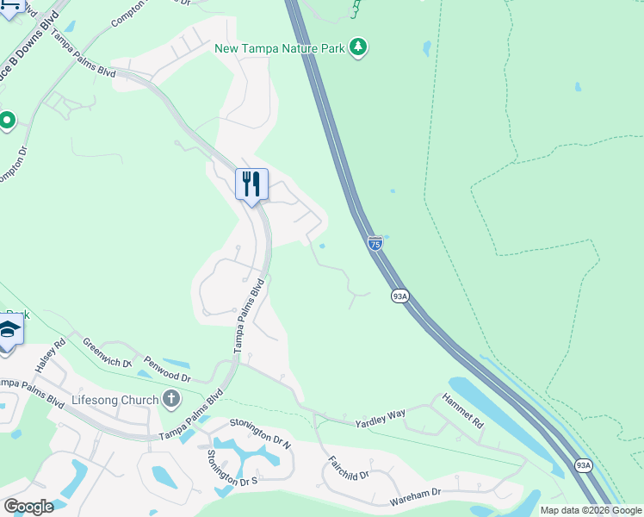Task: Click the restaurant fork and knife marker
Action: click(x=251, y=184)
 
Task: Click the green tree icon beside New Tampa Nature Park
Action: click(x=358, y=47)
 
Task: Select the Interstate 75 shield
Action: click(x=375, y=244)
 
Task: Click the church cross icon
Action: click(x=171, y=399)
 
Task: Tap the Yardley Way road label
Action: click(x=381, y=419)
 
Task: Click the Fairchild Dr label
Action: click(x=348, y=463)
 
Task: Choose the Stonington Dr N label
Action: click(x=260, y=434)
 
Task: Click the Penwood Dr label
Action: click(x=167, y=370)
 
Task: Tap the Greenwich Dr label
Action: click(x=107, y=352)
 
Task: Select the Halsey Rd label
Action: click(x=50, y=356)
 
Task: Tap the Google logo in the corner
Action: click(x=28, y=506)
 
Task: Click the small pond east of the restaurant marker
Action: click(x=322, y=246)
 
